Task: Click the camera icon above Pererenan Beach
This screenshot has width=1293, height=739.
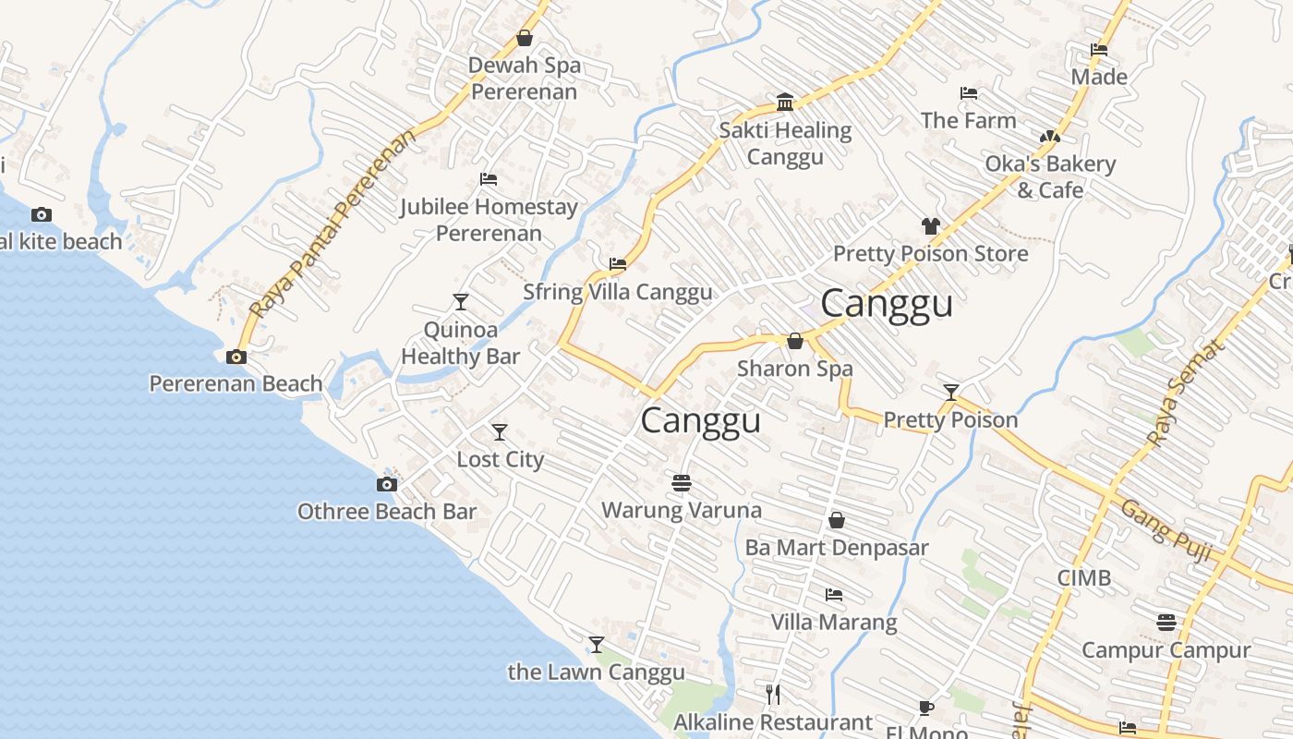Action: coord(236,357)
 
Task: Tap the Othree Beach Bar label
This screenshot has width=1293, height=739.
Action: coord(387,511)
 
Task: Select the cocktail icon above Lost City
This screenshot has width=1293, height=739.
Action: coord(500,431)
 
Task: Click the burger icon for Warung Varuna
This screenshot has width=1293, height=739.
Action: coord(682,482)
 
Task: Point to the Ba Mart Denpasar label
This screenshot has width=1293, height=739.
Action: coord(837,547)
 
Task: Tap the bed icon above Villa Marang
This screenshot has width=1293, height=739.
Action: coord(834,594)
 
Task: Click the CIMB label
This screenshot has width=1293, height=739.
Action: coord(1084,578)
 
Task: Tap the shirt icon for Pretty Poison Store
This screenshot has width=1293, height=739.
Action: coord(930,226)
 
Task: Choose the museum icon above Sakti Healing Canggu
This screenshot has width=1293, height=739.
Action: coord(785,102)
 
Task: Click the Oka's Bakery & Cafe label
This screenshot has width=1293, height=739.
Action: coord(1050,176)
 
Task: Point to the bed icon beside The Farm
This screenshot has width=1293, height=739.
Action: coord(969,93)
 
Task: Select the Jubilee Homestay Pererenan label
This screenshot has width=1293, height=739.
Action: coord(489,220)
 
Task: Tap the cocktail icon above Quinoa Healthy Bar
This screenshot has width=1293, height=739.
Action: coord(461,301)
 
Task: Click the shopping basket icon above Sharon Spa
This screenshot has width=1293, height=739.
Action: coord(794,341)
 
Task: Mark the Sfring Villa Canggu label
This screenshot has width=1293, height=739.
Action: coord(618,292)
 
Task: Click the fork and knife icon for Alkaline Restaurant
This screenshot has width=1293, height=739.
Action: coord(774,694)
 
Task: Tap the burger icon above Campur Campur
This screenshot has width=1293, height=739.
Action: coord(1166,622)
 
